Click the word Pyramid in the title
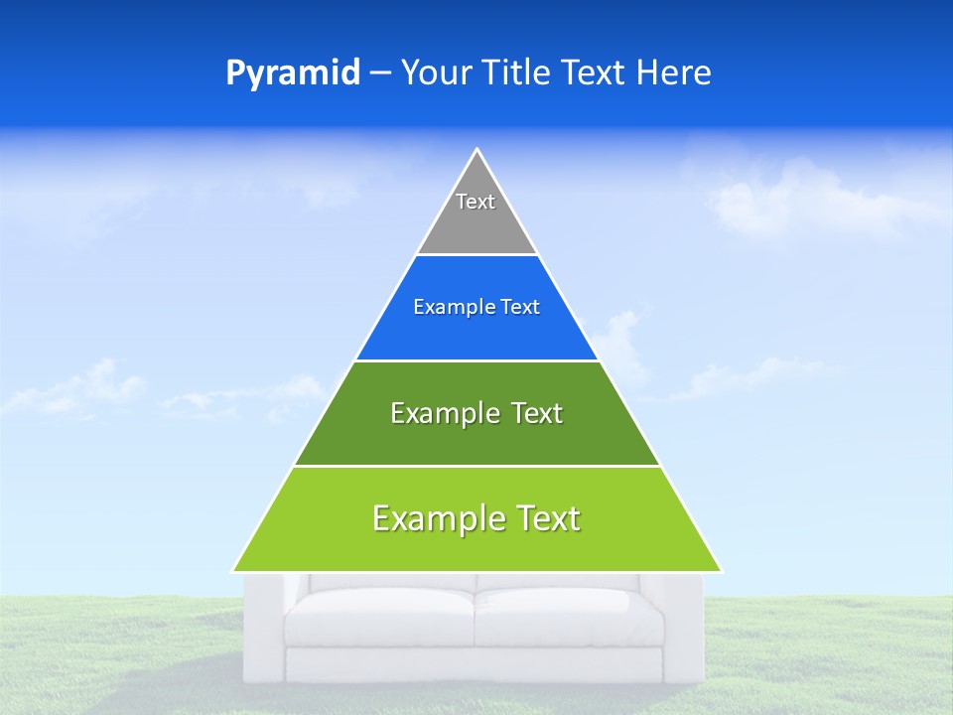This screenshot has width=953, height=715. click(x=293, y=73)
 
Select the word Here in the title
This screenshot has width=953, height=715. click(x=674, y=73)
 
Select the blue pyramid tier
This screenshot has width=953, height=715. click(x=476, y=333)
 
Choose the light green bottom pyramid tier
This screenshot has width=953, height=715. click(x=476, y=546)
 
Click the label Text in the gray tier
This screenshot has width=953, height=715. click(x=476, y=202)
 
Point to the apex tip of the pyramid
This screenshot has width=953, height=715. click(x=477, y=151)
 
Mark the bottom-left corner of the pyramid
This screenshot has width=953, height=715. click(x=233, y=571)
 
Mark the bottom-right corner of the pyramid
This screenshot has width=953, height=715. click(x=721, y=571)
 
